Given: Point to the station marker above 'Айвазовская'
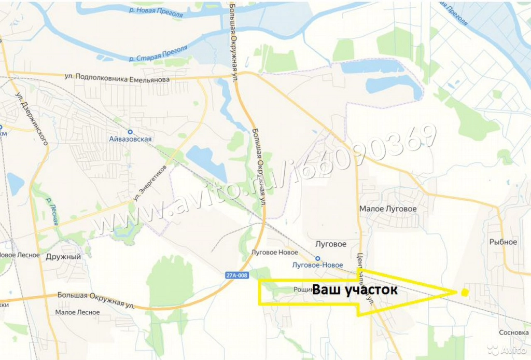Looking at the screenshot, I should click(130, 131).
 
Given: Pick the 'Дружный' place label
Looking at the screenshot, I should click(63, 256).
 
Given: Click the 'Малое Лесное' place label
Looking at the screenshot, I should click(77, 312).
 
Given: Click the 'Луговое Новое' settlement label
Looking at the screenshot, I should click(274, 253).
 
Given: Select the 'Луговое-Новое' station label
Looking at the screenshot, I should click(318, 265).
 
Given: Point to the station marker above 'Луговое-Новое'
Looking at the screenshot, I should click(317, 258).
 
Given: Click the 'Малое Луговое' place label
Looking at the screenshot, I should click(388, 209).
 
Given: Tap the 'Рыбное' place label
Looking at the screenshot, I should click(503, 242).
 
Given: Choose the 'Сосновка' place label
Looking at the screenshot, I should click(513, 333).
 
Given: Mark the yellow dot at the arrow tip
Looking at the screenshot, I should click(465, 293).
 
